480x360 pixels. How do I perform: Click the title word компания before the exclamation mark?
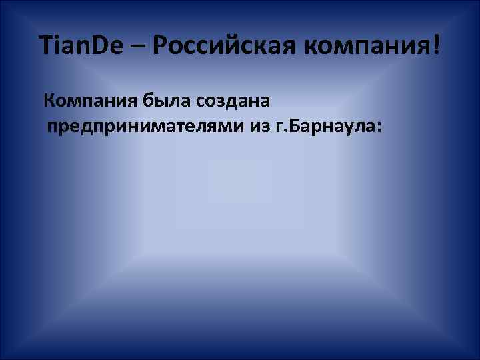pos(366,48)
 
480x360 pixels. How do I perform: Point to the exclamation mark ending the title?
pos(436,46)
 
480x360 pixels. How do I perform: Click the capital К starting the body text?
pos(49,101)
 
